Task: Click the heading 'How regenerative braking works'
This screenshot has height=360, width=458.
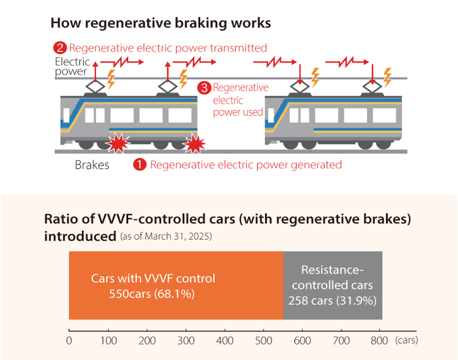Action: (x=160, y=24)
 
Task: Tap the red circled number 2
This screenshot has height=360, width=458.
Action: (x=60, y=48)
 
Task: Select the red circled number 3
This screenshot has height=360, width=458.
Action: (x=204, y=88)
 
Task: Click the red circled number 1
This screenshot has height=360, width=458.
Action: (x=140, y=164)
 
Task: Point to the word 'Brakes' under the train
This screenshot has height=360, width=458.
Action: (x=92, y=165)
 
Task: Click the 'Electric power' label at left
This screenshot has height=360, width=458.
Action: (x=71, y=67)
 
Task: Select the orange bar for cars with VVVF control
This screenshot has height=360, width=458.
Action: (x=175, y=286)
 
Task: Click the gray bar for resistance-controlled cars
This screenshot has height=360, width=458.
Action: (x=332, y=286)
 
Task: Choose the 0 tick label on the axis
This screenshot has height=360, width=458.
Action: (x=69, y=340)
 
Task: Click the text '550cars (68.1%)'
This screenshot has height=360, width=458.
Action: (x=152, y=295)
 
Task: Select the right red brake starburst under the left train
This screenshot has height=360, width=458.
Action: (x=196, y=143)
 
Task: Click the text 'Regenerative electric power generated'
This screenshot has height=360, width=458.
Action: (x=246, y=164)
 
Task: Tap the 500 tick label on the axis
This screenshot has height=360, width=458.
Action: (x=263, y=340)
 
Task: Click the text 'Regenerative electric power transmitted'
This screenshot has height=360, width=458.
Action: (x=167, y=48)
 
